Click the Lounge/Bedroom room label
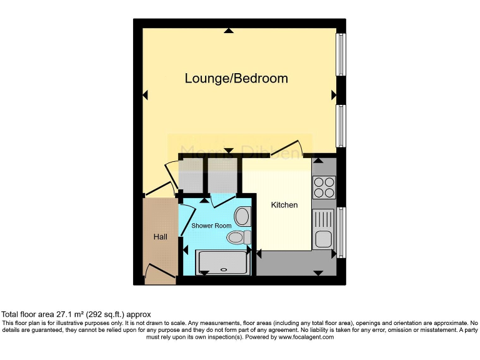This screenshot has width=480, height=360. (236, 78)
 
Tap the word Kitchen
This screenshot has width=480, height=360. (284, 205)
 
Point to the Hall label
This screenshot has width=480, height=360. (161, 237)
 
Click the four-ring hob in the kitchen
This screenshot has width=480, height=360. (324, 187)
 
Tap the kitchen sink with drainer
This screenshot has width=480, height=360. (324, 229)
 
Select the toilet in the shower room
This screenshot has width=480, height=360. (238, 237)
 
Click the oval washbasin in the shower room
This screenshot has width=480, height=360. (242, 217)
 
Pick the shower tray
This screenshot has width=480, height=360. (222, 262)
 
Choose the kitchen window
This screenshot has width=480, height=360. (341, 232)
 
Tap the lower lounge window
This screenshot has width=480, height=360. (341, 126)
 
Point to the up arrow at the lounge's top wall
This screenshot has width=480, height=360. (229, 30)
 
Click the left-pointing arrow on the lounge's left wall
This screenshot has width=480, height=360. (145, 95)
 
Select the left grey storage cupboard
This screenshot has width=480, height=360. (191, 174)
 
